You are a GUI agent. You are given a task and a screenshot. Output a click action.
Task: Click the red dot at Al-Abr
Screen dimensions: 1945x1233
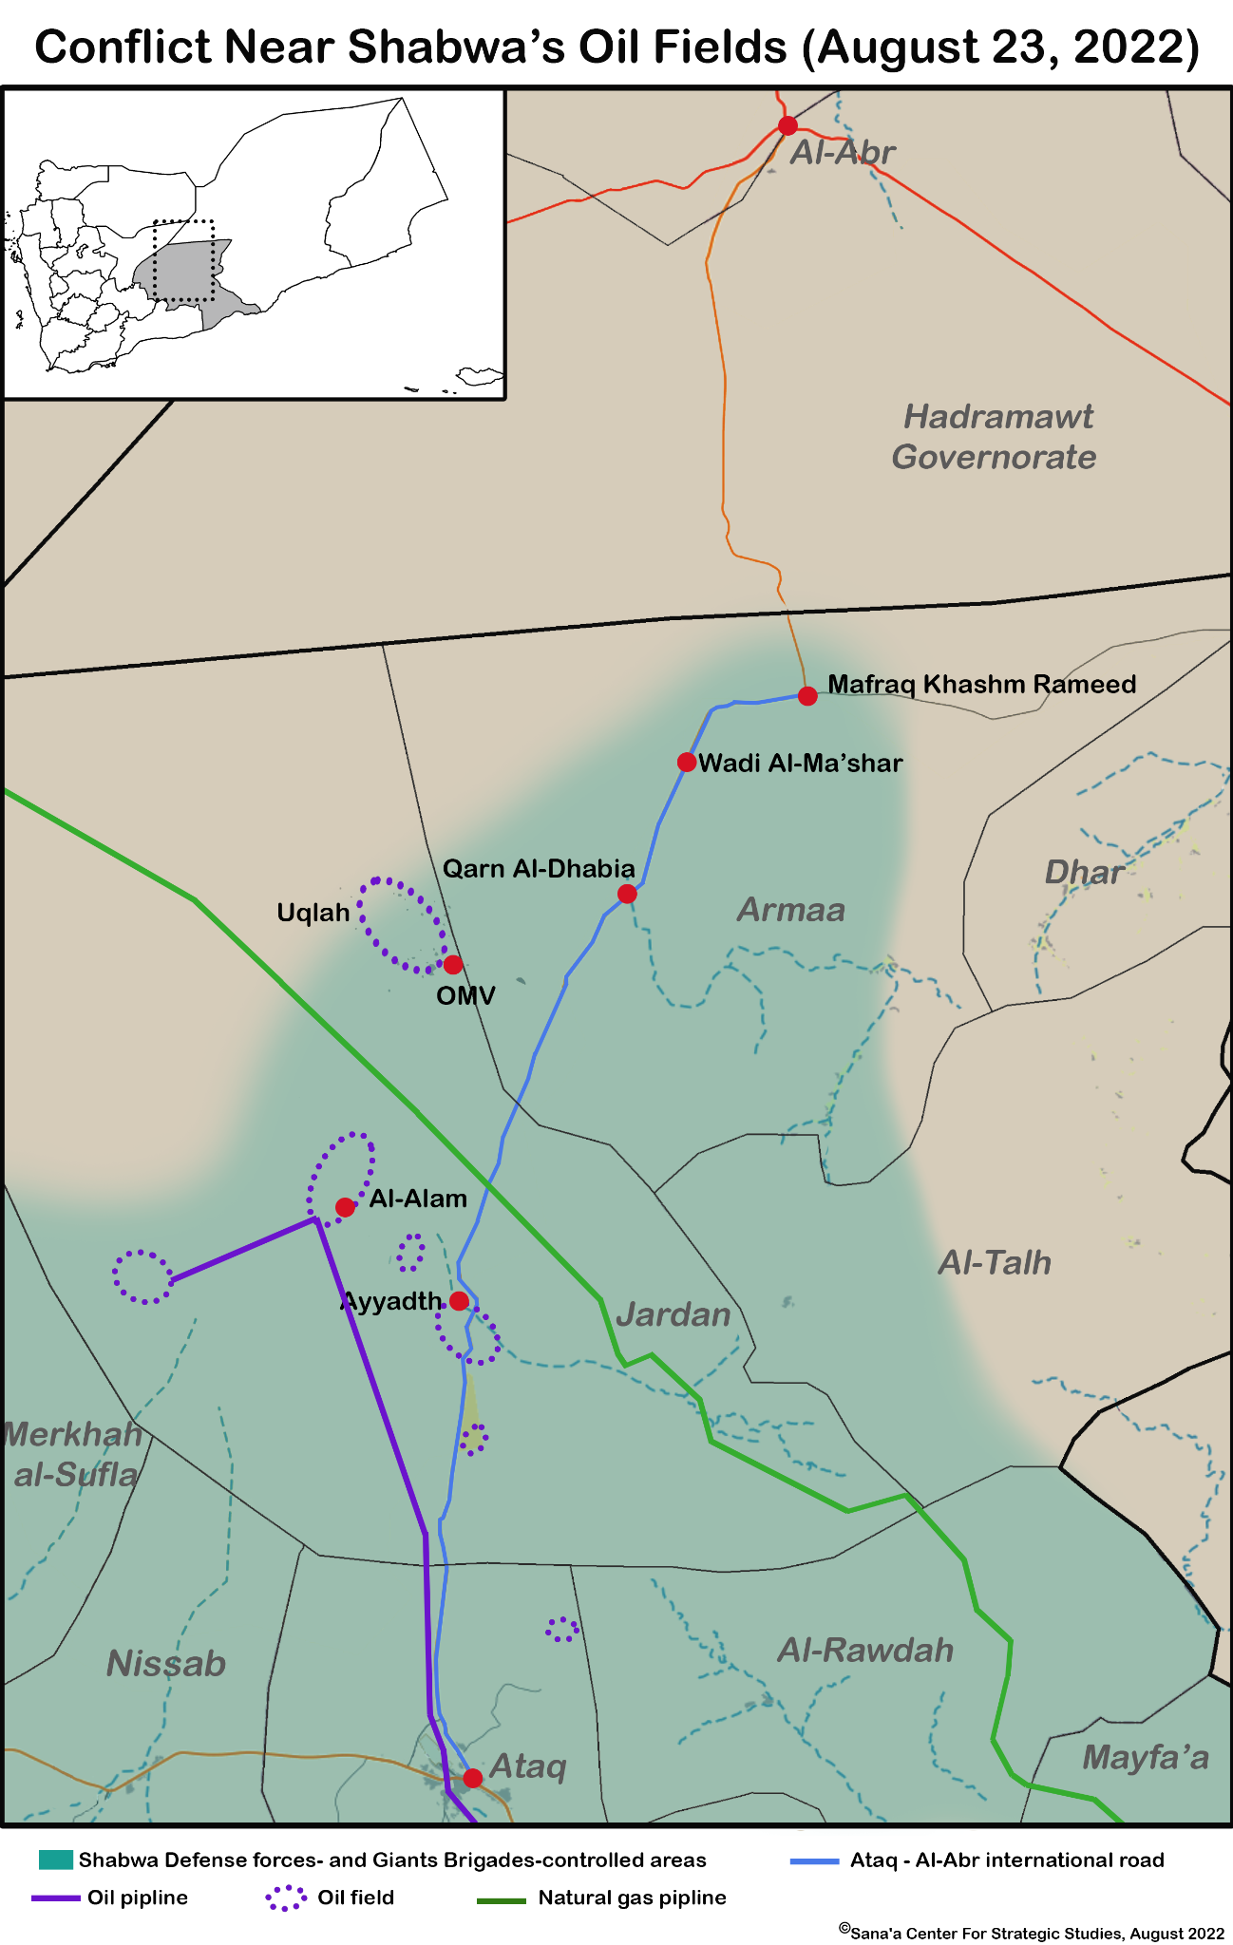(787, 125)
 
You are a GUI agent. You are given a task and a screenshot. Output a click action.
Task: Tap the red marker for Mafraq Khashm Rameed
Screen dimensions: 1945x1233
(807, 696)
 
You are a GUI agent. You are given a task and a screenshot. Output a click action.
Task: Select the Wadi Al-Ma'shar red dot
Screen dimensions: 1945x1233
(687, 762)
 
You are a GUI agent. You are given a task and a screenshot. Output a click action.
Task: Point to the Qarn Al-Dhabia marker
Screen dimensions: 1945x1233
(627, 894)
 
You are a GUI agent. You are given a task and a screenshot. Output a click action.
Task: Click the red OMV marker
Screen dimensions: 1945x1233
(453, 965)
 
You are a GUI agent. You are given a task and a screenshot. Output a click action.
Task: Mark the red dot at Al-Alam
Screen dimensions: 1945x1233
(345, 1207)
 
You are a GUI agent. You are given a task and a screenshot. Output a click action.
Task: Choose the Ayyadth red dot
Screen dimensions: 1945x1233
(459, 1300)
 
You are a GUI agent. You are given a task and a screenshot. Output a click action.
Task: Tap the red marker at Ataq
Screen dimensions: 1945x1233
(472, 1778)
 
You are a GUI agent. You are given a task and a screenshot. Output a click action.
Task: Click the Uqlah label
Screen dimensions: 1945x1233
(313, 913)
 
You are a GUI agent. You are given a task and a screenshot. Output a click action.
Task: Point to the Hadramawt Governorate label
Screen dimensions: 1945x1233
(996, 437)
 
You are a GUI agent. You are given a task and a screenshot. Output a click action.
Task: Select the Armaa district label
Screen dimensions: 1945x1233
(791, 910)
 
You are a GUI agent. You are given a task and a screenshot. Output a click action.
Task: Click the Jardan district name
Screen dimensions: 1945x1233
(673, 1314)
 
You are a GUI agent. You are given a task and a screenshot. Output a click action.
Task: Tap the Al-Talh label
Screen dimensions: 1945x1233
(995, 1262)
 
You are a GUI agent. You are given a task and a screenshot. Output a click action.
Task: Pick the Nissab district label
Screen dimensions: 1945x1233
(166, 1663)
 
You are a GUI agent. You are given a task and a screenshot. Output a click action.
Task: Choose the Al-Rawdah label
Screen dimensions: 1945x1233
(865, 1650)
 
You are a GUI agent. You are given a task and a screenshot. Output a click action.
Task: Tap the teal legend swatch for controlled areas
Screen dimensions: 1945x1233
(56, 1860)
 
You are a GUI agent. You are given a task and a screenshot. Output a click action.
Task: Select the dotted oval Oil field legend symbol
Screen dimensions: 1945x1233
(286, 1898)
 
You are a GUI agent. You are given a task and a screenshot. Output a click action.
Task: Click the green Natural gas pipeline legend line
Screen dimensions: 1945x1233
(501, 1898)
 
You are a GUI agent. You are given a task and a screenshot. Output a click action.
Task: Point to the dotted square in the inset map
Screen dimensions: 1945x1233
(183, 261)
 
